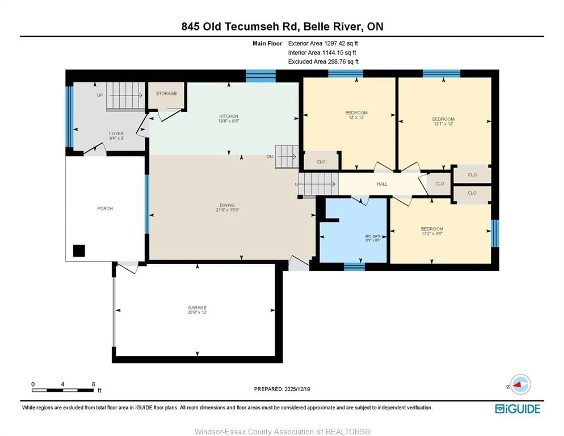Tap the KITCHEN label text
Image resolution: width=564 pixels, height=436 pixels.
point(229,116)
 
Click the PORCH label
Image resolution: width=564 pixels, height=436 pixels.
point(105,209)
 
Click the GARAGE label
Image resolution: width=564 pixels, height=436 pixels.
point(197,308)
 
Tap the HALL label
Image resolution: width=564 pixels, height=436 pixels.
point(382,184)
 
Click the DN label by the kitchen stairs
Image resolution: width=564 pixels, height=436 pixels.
point(269,157)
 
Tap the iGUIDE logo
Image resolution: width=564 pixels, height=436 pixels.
point(518,409)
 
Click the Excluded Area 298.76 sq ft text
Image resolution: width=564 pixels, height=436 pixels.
point(323,62)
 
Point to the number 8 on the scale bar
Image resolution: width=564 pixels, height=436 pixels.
point(93,384)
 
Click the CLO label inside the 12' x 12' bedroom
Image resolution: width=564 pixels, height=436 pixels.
point(321,162)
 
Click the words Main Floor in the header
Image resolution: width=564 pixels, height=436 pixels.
point(267,43)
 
